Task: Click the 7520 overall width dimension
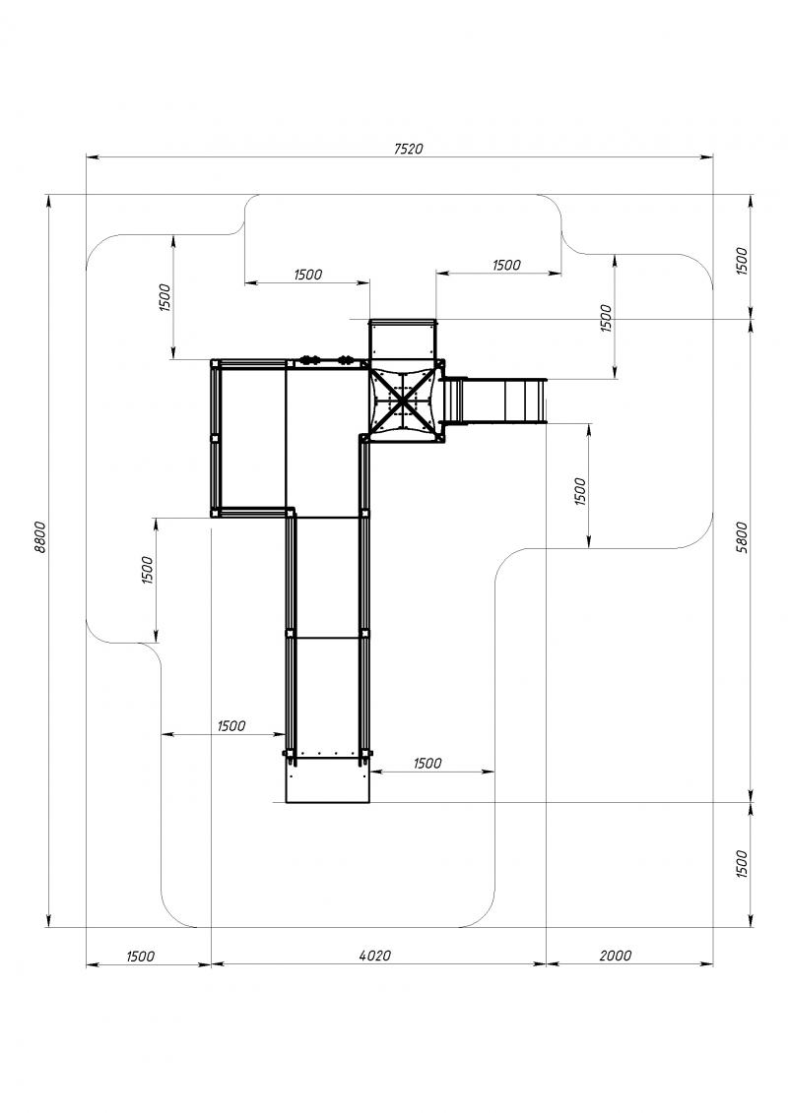pyautogui.click(x=408, y=149)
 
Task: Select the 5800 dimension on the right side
pyautogui.click(x=742, y=537)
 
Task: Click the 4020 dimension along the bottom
pyautogui.click(x=375, y=956)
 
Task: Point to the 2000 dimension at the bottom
pyautogui.click(x=616, y=956)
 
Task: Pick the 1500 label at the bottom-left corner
pyautogui.click(x=140, y=957)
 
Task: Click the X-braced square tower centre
pyautogui.click(x=403, y=402)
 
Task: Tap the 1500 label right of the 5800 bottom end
pyautogui.click(x=742, y=864)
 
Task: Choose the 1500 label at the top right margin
pyautogui.click(x=742, y=261)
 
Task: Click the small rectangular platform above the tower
pyautogui.click(x=402, y=340)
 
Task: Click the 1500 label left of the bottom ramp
pyautogui.click(x=231, y=725)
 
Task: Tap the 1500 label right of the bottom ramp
pyautogui.click(x=427, y=763)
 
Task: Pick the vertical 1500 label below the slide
pyautogui.click(x=580, y=491)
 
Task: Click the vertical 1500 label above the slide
pyautogui.click(x=606, y=319)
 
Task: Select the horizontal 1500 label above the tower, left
pyautogui.click(x=307, y=275)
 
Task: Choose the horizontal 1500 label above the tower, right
pyautogui.click(x=506, y=265)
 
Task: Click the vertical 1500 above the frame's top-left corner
pyautogui.click(x=164, y=297)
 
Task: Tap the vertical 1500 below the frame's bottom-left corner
pyautogui.click(x=147, y=570)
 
